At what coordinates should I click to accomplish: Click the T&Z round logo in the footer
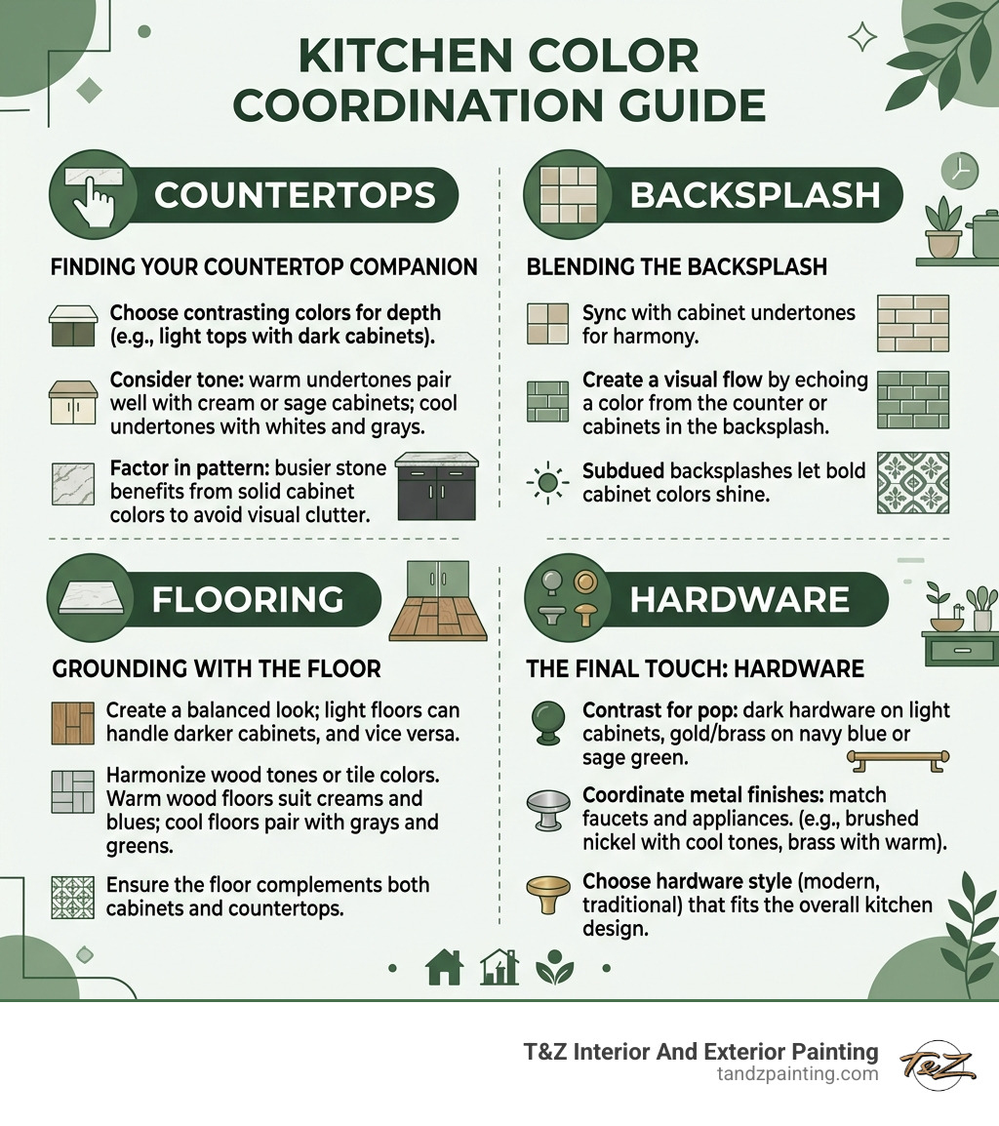click(x=938, y=1063)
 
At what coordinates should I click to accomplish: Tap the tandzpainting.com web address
click(x=795, y=1074)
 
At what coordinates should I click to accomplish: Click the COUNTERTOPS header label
click(x=295, y=195)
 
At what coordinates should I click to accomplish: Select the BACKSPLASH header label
click(x=755, y=195)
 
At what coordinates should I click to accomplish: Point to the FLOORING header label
click(x=247, y=598)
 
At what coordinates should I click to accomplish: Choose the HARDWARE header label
click(x=739, y=599)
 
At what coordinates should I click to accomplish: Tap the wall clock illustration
click(x=959, y=172)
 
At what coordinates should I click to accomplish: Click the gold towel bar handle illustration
click(x=898, y=759)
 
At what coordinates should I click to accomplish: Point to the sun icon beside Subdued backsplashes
click(x=547, y=482)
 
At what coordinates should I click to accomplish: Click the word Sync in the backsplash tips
click(x=603, y=313)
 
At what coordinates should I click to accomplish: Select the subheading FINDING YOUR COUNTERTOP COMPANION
click(x=263, y=266)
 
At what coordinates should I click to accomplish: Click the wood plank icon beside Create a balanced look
click(x=72, y=723)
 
